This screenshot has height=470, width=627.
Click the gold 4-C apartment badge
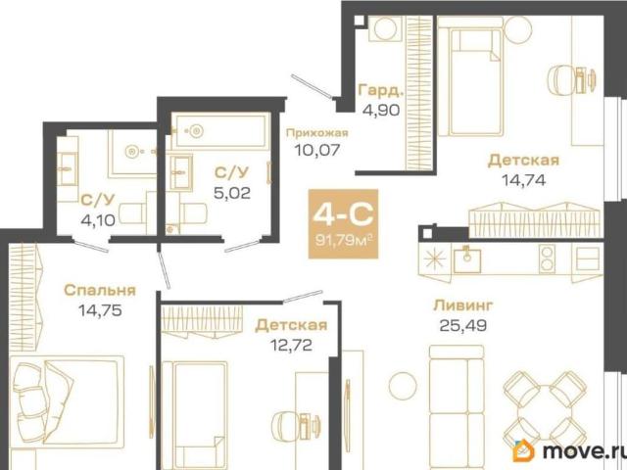pyautogui.click(x=343, y=224)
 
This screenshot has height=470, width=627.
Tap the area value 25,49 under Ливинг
pyautogui.click(x=463, y=325)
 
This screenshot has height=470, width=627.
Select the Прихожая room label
pyautogui.click(x=317, y=133)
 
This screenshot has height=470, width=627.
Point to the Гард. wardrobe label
pyautogui.click(x=380, y=91)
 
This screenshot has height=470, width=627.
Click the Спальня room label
pyautogui.click(x=100, y=290)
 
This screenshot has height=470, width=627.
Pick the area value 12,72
pyautogui.click(x=291, y=345)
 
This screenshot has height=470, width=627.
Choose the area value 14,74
pyautogui.click(x=523, y=180)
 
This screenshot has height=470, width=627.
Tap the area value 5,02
pyautogui.click(x=232, y=193)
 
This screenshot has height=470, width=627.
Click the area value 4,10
pyautogui.click(x=98, y=219)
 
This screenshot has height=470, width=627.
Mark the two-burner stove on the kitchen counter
pyautogui.click(x=547, y=258)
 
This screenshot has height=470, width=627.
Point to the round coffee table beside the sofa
pyautogui.click(x=403, y=386)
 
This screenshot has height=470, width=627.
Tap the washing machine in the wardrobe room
pyautogui.click(x=386, y=28)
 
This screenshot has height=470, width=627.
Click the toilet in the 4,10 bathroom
pyautogui.click(x=132, y=213)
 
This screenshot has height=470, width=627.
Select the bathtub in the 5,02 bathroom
pyautogui.click(x=220, y=131)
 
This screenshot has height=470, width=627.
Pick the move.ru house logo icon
pyautogui.click(x=524, y=450)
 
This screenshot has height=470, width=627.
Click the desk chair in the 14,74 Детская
pyautogui.click(x=558, y=80)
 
